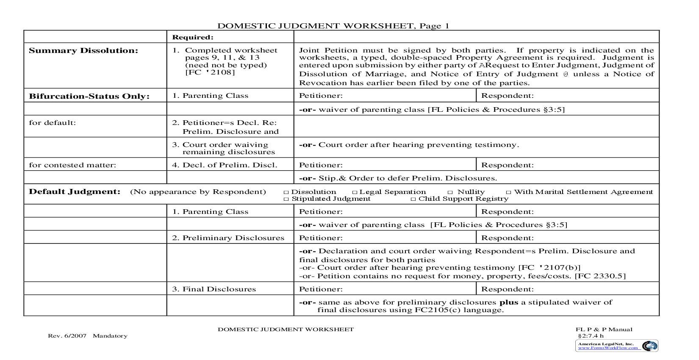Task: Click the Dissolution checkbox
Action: [286, 192]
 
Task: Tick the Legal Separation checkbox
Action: [355, 192]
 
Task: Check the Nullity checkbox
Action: [450, 192]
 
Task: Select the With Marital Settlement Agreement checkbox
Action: [509, 192]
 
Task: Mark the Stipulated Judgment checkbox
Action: [286, 199]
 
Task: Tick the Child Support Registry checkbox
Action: [413, 199]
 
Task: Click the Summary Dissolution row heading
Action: [83, 51]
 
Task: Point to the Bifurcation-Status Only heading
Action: [89, 96]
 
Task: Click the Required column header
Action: [193, 37]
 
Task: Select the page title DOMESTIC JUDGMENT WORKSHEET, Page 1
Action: [333, 26]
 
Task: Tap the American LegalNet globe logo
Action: [649, 346]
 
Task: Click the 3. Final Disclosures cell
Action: [214, 289]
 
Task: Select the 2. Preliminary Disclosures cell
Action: [228, 238]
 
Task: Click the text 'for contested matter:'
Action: [72, 165]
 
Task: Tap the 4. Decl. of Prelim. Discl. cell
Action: [225, 165]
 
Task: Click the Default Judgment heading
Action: [75, 192]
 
